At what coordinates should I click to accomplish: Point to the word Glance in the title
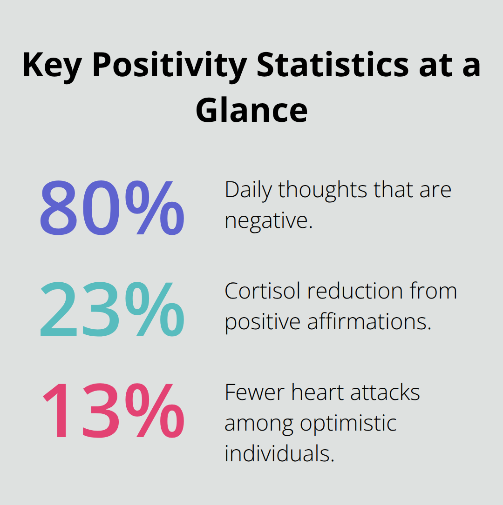251,110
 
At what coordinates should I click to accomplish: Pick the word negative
268,220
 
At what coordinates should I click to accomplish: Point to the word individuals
279,453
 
